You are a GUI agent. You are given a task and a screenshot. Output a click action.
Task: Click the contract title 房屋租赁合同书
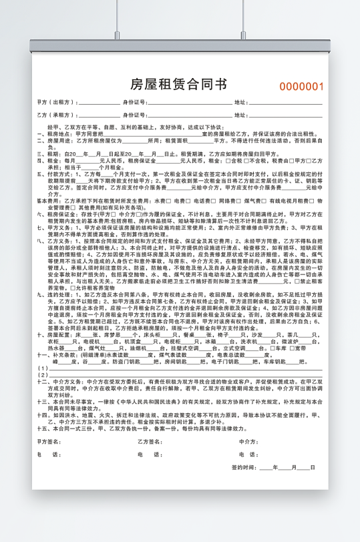[x=179, y=84]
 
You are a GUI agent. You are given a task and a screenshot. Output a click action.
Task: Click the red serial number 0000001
[x=301, y=86]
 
